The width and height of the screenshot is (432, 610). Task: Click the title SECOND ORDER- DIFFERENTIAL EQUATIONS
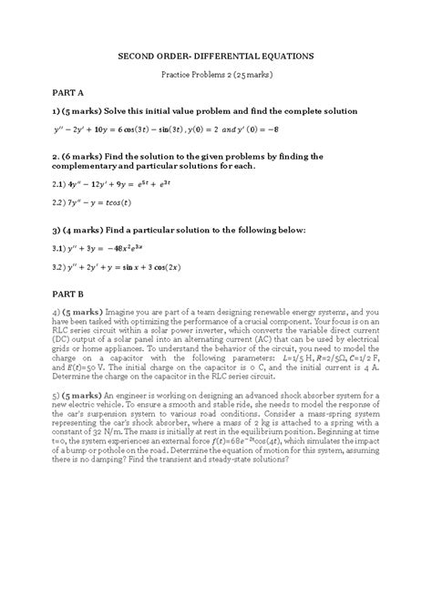coord(216,56)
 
